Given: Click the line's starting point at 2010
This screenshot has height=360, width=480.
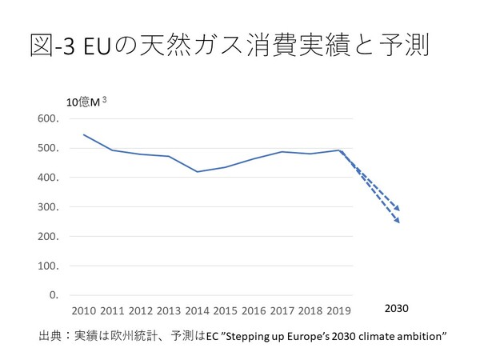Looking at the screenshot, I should point(84,134).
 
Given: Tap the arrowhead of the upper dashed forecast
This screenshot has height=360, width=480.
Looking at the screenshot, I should point(398,210).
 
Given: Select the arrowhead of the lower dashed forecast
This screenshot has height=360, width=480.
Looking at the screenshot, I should point(398,222).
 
